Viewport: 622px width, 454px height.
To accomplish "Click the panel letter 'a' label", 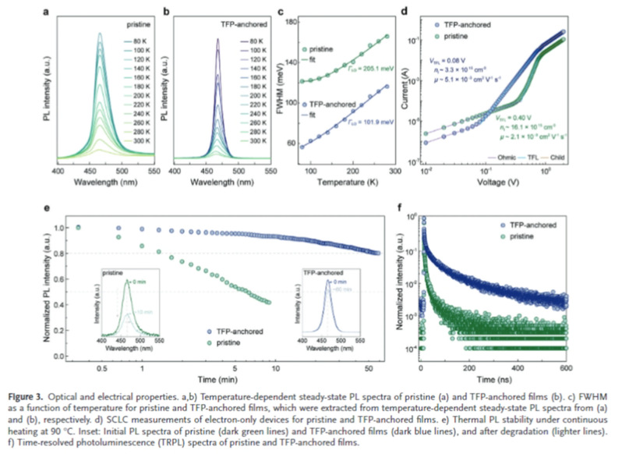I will pos(49,11).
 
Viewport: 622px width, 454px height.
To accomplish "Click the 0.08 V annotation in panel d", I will pos(454,59).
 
